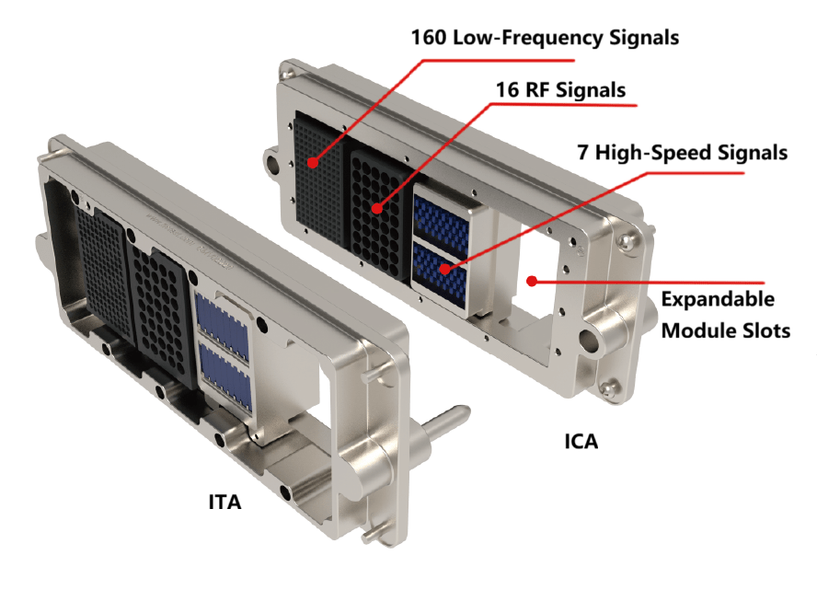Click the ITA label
[224, 502]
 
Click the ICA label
[581, 442]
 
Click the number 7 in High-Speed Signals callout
[582, 153]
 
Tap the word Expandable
[718, 300]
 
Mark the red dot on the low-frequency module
[313, 163]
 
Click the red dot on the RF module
[377, 208]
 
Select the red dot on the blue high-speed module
[444, 269]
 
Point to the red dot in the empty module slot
[532, 281]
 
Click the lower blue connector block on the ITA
[226, 379]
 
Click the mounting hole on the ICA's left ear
[272, 162]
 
